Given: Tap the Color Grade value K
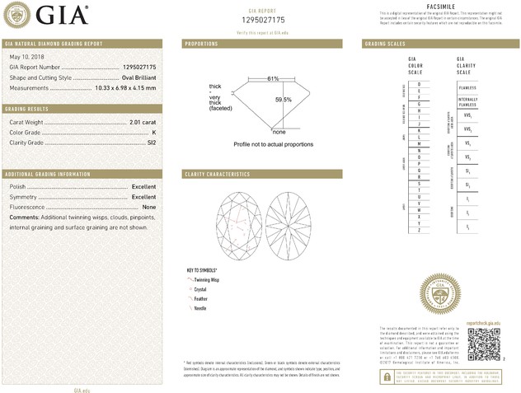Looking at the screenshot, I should point(154,133).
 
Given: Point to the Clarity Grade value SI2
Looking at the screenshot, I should point(151,143).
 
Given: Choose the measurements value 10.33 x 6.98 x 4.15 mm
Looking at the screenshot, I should point(126,87).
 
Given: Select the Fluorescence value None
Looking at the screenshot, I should point(149,207).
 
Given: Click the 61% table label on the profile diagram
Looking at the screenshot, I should point(273,78).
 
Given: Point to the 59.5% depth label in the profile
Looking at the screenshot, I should point(283,100).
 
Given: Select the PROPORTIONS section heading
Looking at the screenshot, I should point(201,43).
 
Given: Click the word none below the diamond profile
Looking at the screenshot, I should point(279,132).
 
